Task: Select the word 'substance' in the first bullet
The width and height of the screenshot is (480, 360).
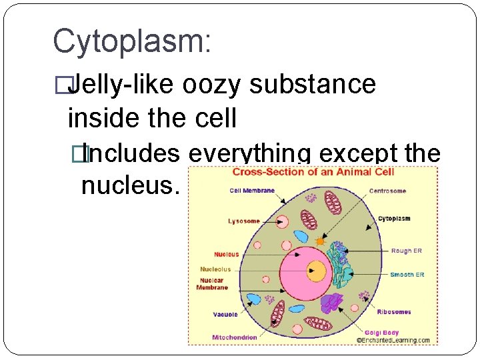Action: (x=313, y=85)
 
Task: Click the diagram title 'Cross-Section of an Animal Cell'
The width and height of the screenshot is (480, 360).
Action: (x=313, y=172)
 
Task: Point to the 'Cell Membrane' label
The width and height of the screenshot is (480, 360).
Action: (x=251, y=191)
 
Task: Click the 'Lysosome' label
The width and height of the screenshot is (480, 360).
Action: (x=244, y=221)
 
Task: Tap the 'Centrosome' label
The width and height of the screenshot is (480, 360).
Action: (x=387, y=191)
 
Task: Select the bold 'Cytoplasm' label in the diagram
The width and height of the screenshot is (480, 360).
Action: (x=394, y=219)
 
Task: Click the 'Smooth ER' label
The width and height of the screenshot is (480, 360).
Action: (x=407, y=275)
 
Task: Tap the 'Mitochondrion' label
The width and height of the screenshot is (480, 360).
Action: (x=234, y=337)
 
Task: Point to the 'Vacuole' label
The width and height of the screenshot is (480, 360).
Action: (x=225, y=314)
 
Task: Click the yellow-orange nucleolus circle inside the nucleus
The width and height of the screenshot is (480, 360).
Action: (x=317, y=271)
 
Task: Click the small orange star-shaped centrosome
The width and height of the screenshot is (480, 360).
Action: (x=320, y=241)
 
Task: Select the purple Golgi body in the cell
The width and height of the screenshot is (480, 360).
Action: (x=331, y=304)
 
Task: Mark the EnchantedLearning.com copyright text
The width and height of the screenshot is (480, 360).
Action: (x=393, y=340)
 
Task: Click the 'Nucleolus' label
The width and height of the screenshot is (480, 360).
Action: (x=215, y=269)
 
